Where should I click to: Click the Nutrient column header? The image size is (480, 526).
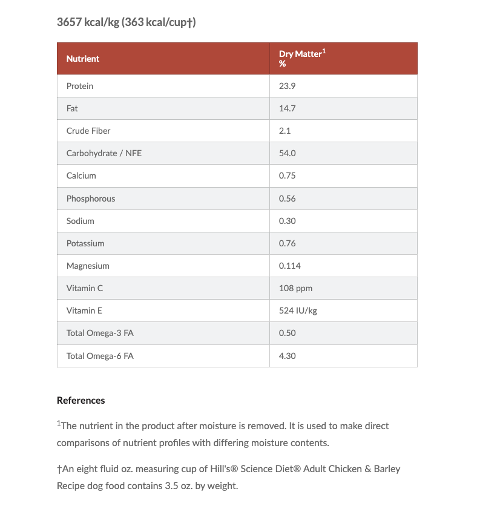coord(83,59)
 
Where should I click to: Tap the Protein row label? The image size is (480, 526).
coord(80,86)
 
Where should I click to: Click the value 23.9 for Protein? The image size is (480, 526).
coord(287,86)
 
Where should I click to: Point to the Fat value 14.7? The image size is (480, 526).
coord(287,108)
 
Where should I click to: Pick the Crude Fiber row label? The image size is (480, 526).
coord(88,131)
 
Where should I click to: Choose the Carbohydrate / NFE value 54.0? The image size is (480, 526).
coord(287,153)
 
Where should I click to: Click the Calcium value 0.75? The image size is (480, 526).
coord(287,176)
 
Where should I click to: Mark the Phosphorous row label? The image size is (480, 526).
coord(91,199)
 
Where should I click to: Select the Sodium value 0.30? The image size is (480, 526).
coord(287,221)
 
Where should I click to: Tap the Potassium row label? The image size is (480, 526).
coord(85,243)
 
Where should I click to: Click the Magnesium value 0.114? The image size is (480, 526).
coord(289,266)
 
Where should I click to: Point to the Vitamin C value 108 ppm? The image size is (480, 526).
coord(295,288)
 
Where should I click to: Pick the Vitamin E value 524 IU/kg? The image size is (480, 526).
coord(298,311)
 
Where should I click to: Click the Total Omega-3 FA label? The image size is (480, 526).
coord(100,333)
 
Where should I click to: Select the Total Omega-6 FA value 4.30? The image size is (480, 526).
coord(287,356)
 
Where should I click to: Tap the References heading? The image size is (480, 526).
coord(81,400)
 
